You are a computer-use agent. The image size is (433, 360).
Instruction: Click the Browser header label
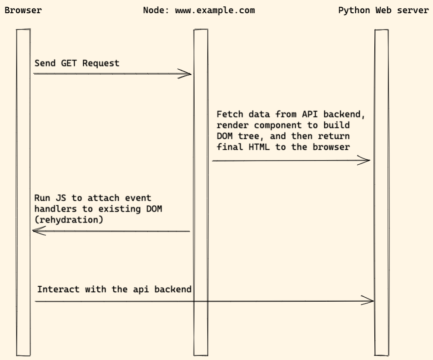click(x=23, y=10)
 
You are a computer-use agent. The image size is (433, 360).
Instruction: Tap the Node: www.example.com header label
click(x=199, y=10)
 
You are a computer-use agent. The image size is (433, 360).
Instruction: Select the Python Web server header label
click(x=383, y=10)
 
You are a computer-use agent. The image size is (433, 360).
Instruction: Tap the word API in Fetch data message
click(x=310, y=114)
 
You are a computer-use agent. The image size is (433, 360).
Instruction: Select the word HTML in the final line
click(x=259, y=147)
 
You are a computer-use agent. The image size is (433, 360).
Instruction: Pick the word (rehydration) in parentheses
click(x=69, y=220)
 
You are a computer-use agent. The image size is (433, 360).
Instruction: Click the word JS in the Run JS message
click(x=61, y=198)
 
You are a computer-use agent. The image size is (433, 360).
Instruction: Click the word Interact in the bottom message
click(x=58, y=289)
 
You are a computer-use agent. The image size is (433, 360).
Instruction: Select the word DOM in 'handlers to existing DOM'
click(x=154, y=209)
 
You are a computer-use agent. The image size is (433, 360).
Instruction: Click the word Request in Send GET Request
click(x=101, y=63)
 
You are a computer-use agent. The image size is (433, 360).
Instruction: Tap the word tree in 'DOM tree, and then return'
click(x=248, y=136)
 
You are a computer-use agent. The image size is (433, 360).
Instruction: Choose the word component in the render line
click(x=278, y=125)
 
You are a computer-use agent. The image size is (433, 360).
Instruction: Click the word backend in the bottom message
click(x=173, y=289)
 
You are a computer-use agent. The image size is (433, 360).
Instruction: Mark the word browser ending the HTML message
click(x=331, y=147)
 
